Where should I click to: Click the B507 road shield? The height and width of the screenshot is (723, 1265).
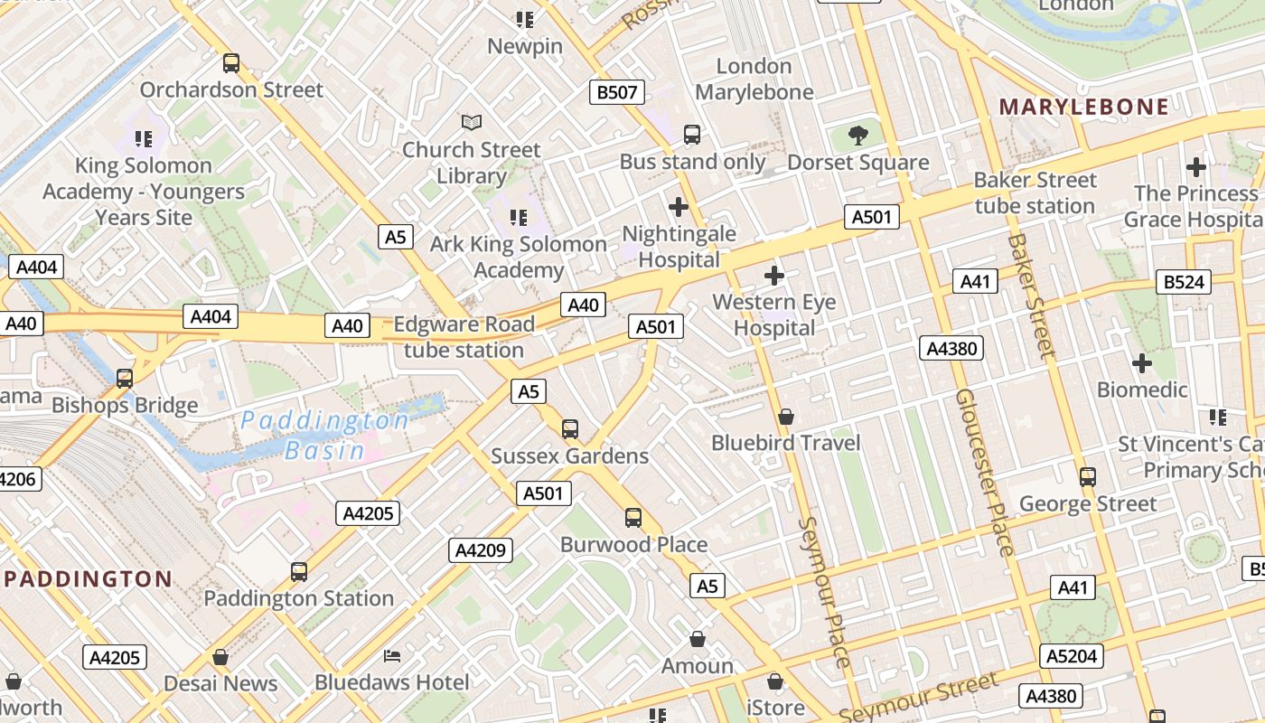point(618,91)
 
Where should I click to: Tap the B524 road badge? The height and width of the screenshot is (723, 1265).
point(1184,282)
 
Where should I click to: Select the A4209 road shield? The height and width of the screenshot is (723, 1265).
point(481,549)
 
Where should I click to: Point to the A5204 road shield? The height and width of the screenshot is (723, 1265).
point(1073,655)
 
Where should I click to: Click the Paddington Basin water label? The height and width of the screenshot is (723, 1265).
point(325,435)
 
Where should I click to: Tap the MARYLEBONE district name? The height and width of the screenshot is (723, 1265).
point(1083,107)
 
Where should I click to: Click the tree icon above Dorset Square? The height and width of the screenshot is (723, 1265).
point(857,136)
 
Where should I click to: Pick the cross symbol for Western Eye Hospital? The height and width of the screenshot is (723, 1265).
point(774,276)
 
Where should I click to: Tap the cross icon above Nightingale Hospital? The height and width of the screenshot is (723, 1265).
point(678,207)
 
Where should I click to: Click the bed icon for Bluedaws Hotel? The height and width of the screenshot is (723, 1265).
point(392,655)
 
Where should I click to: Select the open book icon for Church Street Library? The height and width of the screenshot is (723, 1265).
point(472,122)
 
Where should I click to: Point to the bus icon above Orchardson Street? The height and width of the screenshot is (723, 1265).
point(231,63)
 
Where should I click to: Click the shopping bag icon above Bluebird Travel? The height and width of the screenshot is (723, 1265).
point(786,417)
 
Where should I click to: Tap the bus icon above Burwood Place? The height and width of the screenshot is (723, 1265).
point(633,518)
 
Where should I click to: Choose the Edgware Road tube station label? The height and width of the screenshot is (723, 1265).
point(464,337)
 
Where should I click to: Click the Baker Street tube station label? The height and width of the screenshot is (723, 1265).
point(1035,193)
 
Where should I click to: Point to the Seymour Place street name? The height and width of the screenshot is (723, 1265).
point(825,592)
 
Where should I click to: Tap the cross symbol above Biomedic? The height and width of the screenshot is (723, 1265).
point(1142,363)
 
